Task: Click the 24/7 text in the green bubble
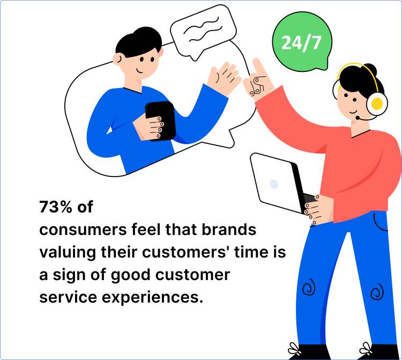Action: pyautogui.click(x=301, y=42)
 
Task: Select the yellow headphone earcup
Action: pyautogui.click(x=377, y=102)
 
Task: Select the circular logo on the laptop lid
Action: pyautogui.click(x=274, y=184)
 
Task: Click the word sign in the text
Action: pyautogui.click(x=68, y=275)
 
